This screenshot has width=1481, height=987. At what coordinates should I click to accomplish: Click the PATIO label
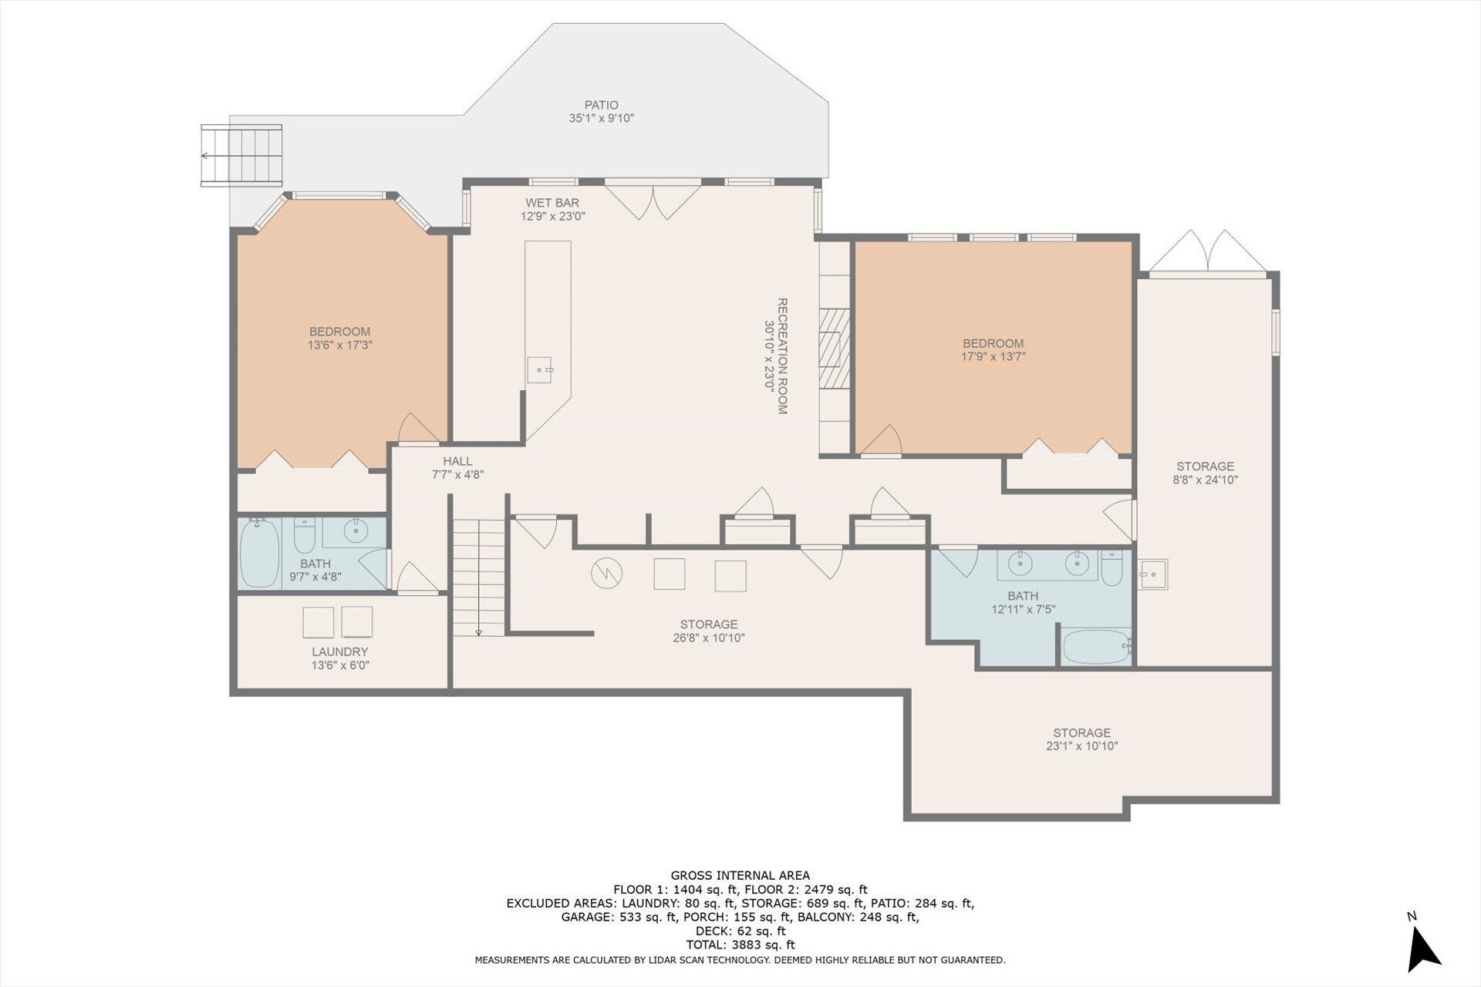[601, 105]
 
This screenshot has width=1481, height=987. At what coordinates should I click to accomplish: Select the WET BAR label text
[552, 203]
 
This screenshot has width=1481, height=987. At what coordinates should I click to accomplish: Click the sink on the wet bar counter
[540, 369]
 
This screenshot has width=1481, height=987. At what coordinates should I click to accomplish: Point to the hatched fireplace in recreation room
[834, 348]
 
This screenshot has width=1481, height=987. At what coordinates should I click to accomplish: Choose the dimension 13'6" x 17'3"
[340, 345]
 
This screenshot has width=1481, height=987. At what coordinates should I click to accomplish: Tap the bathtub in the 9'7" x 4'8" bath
[259, 553]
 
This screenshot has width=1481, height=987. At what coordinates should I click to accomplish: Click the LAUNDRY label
[340, 652]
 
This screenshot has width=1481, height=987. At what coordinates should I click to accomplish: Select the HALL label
[457, 461]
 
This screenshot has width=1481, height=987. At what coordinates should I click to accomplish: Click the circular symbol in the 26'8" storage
[607, 573]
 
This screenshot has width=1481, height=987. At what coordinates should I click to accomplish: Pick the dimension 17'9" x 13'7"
[993, 357]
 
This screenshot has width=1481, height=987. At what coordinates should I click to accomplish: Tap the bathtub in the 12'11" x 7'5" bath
[1096, 646]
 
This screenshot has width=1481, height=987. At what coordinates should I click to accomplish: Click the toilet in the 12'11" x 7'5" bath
[1112, 569]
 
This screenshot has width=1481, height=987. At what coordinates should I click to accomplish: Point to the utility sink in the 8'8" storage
[1153, 574]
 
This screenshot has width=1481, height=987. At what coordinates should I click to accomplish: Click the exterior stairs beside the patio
[241, 155]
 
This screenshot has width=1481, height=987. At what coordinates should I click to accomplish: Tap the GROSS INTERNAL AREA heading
[740, 875]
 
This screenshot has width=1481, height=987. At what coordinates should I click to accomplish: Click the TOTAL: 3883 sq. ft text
[740, 945]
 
